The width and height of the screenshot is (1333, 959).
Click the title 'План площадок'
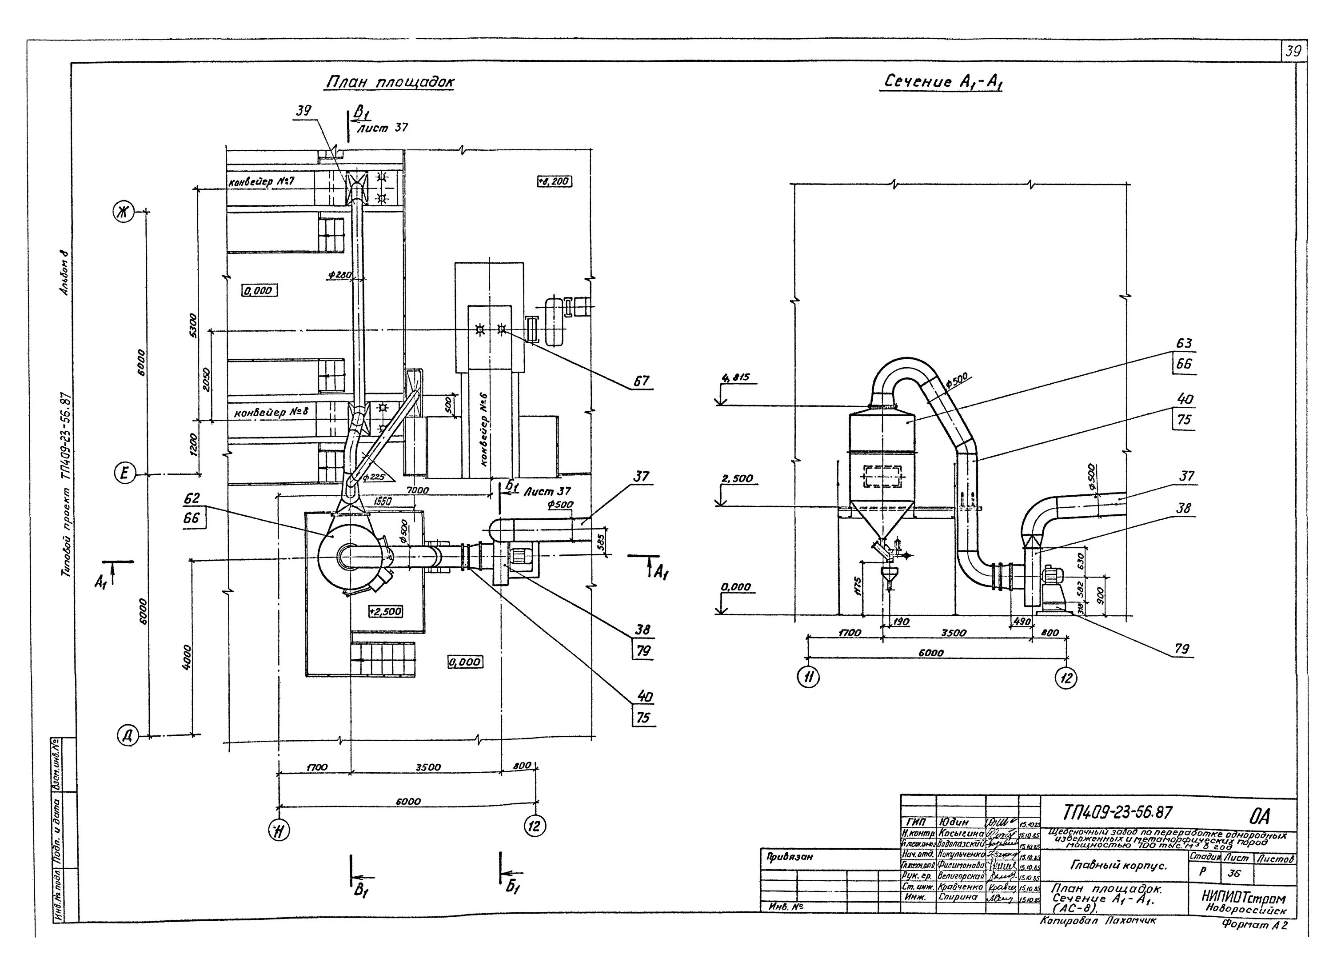[x=390, y=83]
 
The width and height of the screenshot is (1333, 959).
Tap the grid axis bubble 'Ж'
[x=124, y=213]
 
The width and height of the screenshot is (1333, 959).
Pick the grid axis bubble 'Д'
[x=128, y=735]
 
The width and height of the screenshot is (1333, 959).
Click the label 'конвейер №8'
[x=271, y=412]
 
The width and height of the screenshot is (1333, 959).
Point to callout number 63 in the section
[x=1184, y=343]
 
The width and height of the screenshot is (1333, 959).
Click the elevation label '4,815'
[x=736, y=378]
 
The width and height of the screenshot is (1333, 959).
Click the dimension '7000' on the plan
[x=418, y=490]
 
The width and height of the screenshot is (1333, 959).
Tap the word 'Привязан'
[x=790, y=857]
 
